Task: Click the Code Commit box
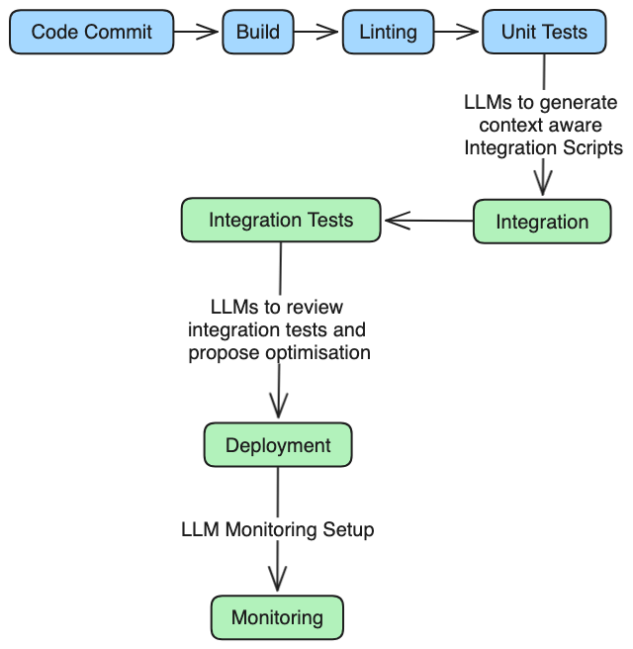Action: pyautogui.click(x=91, y=32)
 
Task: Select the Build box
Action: pyautogui.click(x=258, y=32)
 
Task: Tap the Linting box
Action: pyautogui.click(x=388, y=32)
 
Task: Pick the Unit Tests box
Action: pyautogui.click(x=544, y=32)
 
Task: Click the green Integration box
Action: pyautogui.click(x=542, y=222)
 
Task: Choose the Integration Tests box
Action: pyautogui.click(x=281, y=220)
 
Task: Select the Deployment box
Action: pyautogui.click(x=278, y=445)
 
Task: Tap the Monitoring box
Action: pyautogui.click(x=277, y=617)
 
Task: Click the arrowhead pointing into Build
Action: pyautogui.click(x=208, y=32)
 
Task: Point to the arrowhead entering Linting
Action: pyautogui.click(x=327, y=32)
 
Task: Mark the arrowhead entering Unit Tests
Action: pyautogui.click(x=468, y=32)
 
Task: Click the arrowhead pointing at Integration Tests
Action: pyautogui.click(x=398, y=221)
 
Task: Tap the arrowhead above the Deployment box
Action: pyautogui.click(x=279, y=406)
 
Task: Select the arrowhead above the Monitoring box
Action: pyautogui.click(x=277, y=579)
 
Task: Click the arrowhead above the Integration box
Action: pyautogui.click(x=543, y=183)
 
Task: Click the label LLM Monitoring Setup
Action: pyautogui.click(x=278, y=529)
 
